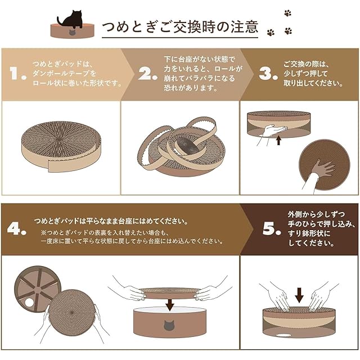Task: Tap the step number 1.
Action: [18, 74]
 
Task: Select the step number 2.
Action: [147, 74]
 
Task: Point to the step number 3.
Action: [268, 74]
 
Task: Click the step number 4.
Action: [16, 228]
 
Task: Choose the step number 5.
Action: [272, 228]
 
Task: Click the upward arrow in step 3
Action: [278, 140]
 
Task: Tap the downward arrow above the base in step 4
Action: [170, 305]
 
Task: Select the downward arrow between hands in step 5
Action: [299, 295]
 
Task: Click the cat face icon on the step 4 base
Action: [169, 326]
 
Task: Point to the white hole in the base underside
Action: [29, 303]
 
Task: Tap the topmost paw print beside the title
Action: [287, 13]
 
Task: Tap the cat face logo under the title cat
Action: [73, 32]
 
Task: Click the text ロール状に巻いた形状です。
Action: [77, 83]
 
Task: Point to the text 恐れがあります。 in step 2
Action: [191, 88]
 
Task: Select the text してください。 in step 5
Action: [311, 243]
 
